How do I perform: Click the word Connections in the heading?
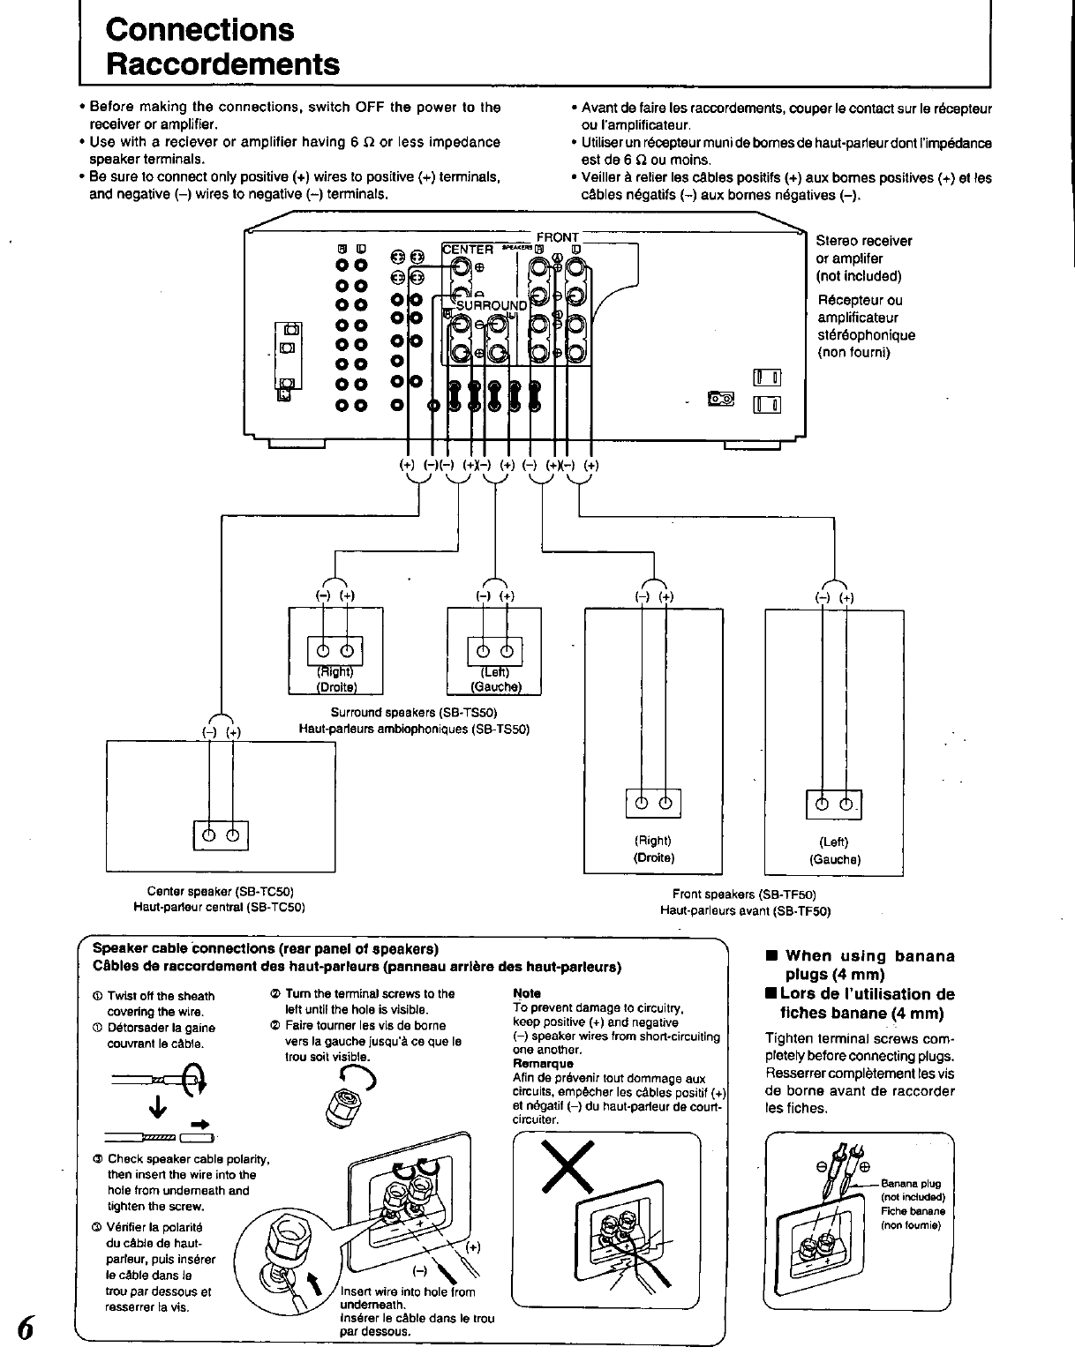click(199, 29)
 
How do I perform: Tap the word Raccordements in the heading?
click(222, 64)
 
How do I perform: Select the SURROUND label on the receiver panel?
click(491, 306)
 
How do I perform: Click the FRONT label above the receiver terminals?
click(557, 237)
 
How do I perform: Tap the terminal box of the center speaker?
click(221, 834)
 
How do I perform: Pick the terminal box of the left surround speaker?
click(494, 652)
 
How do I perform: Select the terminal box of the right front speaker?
click(653, 802)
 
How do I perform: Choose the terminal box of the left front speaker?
click(833, 803)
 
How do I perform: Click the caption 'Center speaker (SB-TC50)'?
click(220, 892)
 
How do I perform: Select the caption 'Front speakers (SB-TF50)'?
click(744, 894)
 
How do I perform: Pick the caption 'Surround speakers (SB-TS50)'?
click(414, 712)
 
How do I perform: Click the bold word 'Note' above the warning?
click(526, 993)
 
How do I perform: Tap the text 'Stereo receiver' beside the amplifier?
click(864, 241)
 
